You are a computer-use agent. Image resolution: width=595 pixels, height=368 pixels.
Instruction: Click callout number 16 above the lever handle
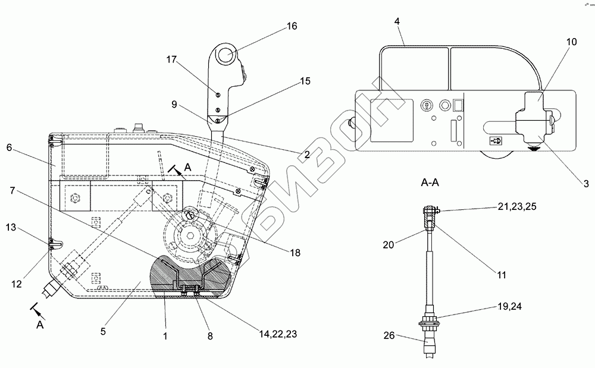292,26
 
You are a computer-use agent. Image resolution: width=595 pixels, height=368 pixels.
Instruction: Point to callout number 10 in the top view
571,42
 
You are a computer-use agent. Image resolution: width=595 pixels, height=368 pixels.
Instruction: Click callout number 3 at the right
586,184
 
